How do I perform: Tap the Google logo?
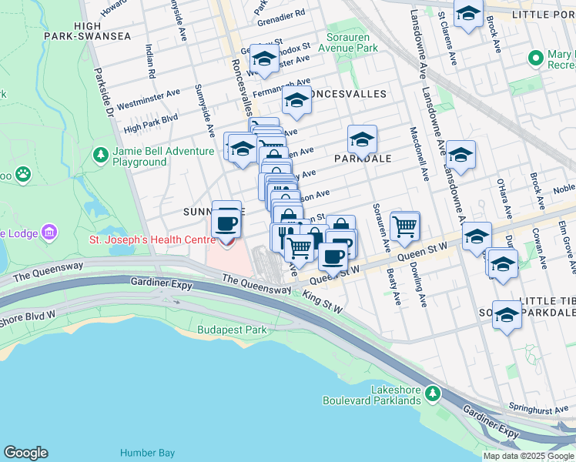point(25,453)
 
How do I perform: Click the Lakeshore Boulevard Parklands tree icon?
point(433,394)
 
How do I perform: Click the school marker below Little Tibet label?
point(507,315)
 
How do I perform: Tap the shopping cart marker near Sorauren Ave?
point(404,226)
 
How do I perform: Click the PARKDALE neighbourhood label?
point(363,159)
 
